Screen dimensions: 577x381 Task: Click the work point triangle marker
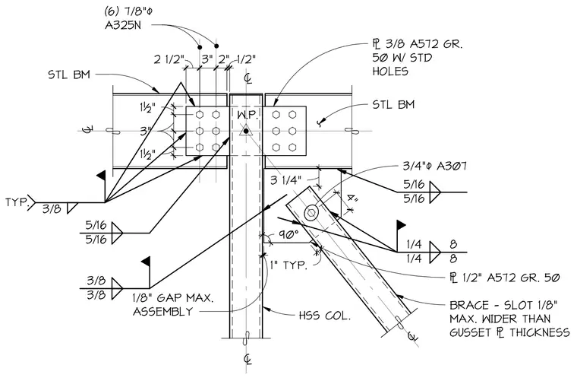[245, 131]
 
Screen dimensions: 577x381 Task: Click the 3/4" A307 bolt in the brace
[311, 213]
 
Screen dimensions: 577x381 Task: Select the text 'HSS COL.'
[324, 316]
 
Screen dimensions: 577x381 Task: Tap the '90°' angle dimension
[288, 235]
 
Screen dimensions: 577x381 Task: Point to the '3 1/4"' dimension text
[285, 180]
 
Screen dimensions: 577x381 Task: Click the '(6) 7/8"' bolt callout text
[128, 12]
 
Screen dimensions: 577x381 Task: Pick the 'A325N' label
[122, 26]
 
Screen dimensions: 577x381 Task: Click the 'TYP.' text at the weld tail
[16, 202]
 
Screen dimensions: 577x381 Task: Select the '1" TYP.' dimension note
[288, 265]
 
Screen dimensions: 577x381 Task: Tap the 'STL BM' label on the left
[69, 75]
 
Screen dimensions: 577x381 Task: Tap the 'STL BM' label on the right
[393, 105]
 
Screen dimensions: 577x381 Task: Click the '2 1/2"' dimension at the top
[169, 59]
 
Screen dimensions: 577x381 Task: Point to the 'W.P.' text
[248, 115]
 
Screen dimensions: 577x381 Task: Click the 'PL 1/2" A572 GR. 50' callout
[505, 277]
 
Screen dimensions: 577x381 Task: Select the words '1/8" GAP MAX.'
[172, 297]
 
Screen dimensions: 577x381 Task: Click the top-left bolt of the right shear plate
[276, 115]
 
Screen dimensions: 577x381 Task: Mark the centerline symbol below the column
[248, 358]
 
